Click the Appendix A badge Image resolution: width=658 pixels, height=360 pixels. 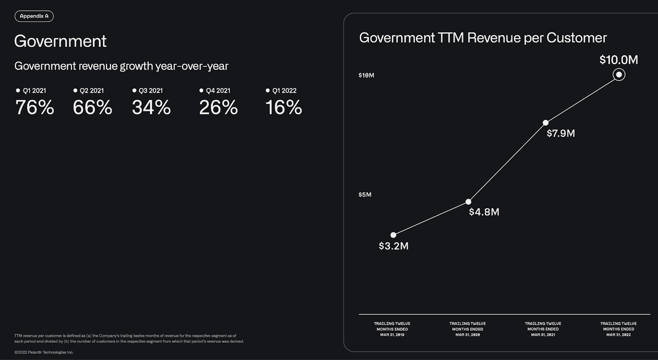[34, 16]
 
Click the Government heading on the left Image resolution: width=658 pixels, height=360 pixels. [60, 41]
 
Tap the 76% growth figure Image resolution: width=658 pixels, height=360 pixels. [34, 107]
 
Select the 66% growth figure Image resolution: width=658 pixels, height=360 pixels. [92, 107]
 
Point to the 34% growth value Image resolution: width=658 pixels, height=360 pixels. [151, 107]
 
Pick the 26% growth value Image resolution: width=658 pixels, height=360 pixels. [218, 107]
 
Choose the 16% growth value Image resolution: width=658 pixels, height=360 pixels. [283, 107]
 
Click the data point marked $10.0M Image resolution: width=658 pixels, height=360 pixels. [619, 75]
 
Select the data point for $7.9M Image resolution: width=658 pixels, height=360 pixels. [545, 122]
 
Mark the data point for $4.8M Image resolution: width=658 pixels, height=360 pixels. [468, 202]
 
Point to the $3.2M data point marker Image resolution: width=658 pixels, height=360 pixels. [393, 235]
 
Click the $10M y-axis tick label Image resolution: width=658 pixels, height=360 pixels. [367, 76]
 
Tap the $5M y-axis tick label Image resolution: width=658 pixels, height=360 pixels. [365, 195]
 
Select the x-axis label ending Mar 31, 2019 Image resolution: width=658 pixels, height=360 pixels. [392, 329]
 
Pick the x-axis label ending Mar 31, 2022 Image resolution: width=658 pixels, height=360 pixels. [618, 329]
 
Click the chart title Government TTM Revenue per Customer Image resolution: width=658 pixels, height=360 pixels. [483, 38]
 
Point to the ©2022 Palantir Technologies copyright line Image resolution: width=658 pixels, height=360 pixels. [44, 352]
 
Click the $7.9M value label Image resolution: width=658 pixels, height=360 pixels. [560, 134]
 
